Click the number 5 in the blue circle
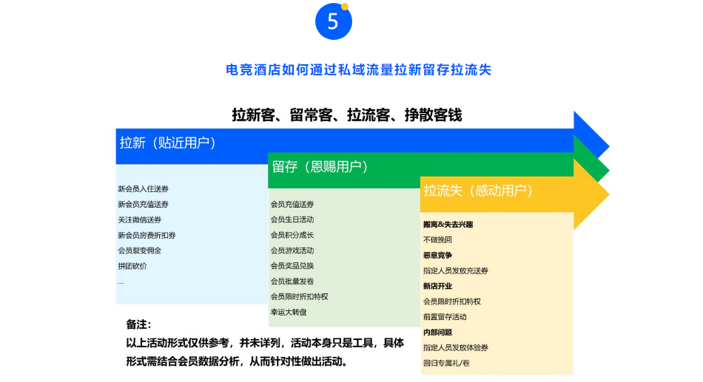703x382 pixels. click(x=333, y=21)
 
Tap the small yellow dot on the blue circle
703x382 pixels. click(x=345, y=7)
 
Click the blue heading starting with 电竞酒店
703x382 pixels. click(x=359, y=70)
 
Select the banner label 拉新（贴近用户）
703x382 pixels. click(x=168, y=143)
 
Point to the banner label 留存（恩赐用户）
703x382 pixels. click(x=320, y=166)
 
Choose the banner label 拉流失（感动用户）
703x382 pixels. click(x=478, y=191)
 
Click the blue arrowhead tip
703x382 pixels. click(x=609, y=146)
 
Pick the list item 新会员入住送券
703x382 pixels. click(x=143, y=189)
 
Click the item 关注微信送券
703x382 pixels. click(x=139, y=220)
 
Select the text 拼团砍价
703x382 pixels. click(x=132, y=266)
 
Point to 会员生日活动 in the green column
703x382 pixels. click(x=292, y=219)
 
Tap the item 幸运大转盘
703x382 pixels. click(x=289, y=312)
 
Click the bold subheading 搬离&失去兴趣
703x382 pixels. click(x=448, y=225)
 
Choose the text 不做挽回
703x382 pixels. click(x=437, y=239)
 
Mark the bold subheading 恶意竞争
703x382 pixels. click(x=437, y=255)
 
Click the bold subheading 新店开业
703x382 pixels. click(x=437, y=286)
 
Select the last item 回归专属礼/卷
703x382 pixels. click(x=446, y=363)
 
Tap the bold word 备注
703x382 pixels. click(x=138, y=324)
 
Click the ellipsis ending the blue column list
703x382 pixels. click(x=121, y=282)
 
